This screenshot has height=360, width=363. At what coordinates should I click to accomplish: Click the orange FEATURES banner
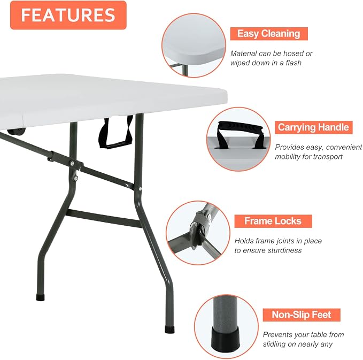coord(68,15)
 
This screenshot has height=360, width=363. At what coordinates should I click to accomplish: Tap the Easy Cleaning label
coord(269,34)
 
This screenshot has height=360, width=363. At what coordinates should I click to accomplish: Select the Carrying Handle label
coord(313,127)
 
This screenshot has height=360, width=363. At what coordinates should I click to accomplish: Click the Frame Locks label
coord(273,221)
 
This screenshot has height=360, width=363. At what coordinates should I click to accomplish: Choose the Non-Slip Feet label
coord(302,315)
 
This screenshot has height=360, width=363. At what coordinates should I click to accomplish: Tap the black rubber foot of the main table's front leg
coord(169,330)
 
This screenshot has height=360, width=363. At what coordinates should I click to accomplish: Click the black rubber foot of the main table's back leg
coord(40,297)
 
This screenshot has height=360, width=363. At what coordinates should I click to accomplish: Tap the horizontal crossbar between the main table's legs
coord(104,218)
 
